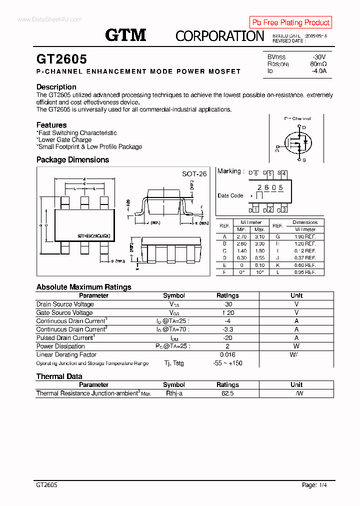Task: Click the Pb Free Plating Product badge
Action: [x=290, y=22]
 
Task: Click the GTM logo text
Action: [x=125, y=35]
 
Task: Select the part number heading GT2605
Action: [x=61, y=59]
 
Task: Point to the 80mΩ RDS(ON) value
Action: [x=318, y=64]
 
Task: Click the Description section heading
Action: [x=56, y=87]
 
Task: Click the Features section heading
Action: [x=51, y=125]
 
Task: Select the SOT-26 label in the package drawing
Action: [x=194, y=174]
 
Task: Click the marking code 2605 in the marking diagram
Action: [x=270, y=187]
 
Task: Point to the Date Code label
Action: [x=230, y=195]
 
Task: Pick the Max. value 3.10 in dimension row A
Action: [x=259, y=236]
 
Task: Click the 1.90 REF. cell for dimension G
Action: [x=304, y=236]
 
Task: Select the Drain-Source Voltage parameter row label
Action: [x=65, y=304]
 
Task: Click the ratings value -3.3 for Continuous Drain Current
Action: [x=228, y=329]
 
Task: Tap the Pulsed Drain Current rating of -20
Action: [x=228, y=338]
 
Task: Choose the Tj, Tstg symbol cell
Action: [x=174, y=363]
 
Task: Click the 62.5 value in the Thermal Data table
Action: [x=228, y=393]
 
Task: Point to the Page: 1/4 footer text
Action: [x=314, y=485]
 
